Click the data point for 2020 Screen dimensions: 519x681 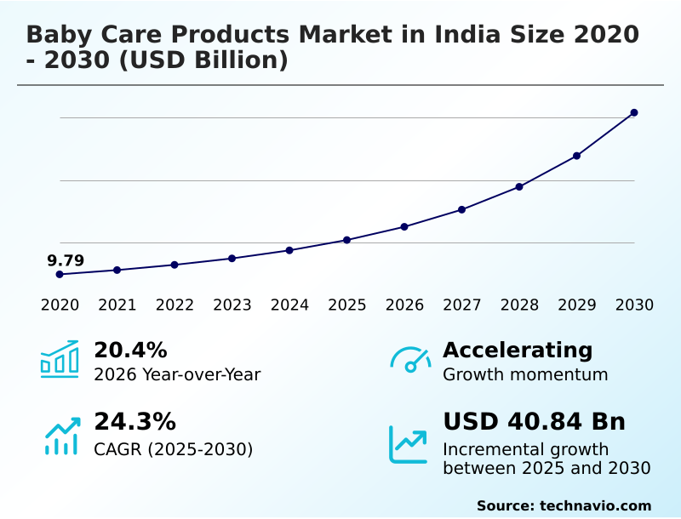click(x=60, y=274)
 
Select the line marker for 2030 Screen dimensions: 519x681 click(x=634, y=112)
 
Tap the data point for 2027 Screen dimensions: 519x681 click(x=461, y=209)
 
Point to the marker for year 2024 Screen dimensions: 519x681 click(x=289, y=250)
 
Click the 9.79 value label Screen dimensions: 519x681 click(x=66, y=260)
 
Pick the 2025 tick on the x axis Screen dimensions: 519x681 click(x=346, y=305)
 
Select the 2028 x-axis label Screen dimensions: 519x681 click(x=519, y=305)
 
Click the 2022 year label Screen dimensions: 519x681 click(x=175, y=305)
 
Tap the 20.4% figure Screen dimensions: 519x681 click(x=130, y=350)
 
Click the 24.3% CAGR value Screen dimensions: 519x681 click(x=134, y=421)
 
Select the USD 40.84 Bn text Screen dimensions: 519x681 click(x=534, y=421)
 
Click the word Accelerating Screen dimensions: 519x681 click(x=518, y=350)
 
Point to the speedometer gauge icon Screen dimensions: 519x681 click(x=410, y=360)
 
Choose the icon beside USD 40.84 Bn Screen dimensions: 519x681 click(x=409, y=444)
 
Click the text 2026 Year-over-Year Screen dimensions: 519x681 click(x=177, y=374)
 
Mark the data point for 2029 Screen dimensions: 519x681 click(x=576, y=156)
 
